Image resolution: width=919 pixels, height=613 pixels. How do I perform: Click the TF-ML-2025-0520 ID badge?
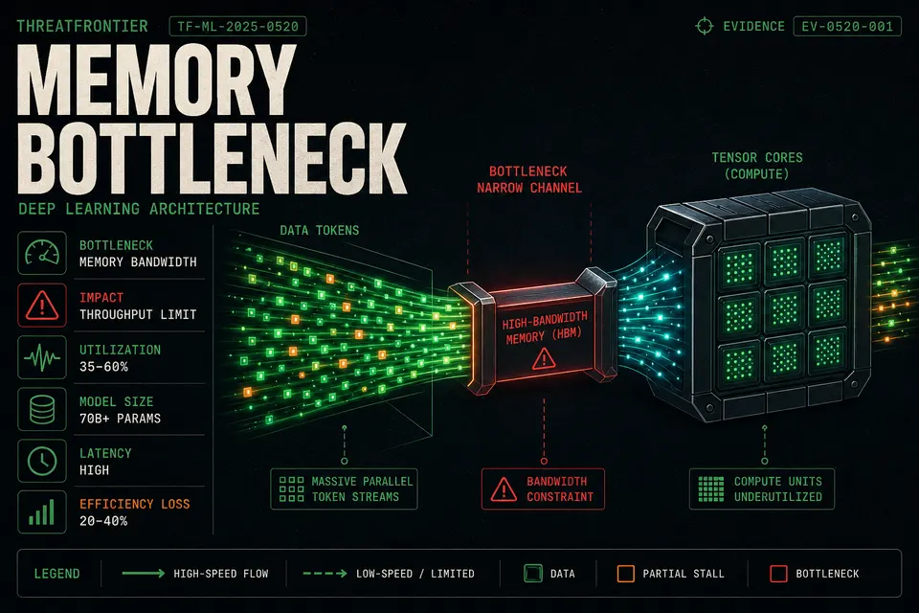(x=237, y=27)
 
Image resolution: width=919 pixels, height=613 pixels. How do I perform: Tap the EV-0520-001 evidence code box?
(x=847, y=27)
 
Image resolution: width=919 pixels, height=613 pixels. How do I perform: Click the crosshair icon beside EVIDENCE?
(x=704, y=27)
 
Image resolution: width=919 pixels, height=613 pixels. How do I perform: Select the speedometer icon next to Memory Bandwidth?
(x=42, y=253)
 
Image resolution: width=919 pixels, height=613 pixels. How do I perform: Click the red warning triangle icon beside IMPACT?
(x=42, y=305)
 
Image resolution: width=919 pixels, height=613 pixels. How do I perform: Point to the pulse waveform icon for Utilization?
(x=42, y=357)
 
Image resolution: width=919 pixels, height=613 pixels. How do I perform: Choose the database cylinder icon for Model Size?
(x=42, y=409)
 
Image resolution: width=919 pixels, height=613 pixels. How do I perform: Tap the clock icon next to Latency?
(x=42, y=461)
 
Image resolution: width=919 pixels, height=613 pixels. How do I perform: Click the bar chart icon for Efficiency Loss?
(x=42, y=512)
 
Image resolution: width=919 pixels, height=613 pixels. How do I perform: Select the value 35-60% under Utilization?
(x=103, y=367)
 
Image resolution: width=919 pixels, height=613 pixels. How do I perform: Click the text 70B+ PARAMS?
(x=121, y=419)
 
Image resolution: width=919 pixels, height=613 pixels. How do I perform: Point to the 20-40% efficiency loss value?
(x=103, y=521)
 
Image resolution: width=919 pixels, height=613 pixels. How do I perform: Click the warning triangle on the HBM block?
(x=544, y=358)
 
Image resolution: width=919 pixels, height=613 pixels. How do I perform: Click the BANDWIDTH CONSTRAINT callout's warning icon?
(x=504, y=489)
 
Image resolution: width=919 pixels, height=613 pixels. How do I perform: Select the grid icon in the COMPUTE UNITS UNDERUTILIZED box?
(x=711, y=489)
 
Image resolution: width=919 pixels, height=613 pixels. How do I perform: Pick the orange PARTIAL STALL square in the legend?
(x=626, y=574)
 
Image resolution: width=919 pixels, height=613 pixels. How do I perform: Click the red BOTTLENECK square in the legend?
(x=778, y=574)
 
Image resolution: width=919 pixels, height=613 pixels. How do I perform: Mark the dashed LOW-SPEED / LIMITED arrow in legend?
(x=325, y=573)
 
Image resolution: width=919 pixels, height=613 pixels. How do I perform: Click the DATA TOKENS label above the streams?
(x=320, y=231)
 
